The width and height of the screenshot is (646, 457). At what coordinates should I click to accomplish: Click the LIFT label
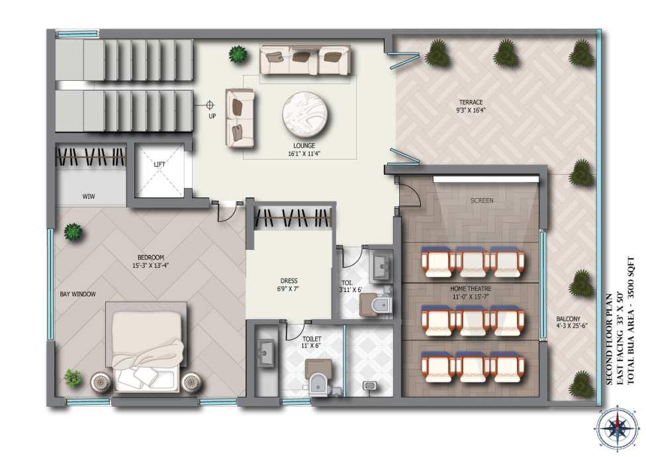[160, 164]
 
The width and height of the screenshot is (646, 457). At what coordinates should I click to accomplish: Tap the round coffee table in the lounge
[306, 116]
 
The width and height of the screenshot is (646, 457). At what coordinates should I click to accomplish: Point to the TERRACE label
[471, 102]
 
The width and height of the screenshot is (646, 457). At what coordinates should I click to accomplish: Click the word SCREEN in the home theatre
[482, 200]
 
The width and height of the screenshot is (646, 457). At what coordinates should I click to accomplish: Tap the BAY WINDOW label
[77, 294]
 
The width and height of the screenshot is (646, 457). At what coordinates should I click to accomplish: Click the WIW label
[89, 196]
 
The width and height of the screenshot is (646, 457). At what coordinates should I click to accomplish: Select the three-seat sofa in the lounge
[306, 60]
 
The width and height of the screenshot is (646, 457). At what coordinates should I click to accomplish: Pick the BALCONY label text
[568, 319]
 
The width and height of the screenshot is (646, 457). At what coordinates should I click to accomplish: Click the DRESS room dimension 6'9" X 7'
[288, 289]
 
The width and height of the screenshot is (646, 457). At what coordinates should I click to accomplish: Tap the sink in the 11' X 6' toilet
[265, 353]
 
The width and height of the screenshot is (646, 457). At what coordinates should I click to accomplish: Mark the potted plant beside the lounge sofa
[238, 54]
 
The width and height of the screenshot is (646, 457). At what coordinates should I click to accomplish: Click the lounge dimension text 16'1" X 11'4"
[304, 154]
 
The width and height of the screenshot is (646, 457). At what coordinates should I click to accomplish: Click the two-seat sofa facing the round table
[240, 118]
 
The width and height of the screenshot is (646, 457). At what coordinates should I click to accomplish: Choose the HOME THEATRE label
[471, 289]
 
